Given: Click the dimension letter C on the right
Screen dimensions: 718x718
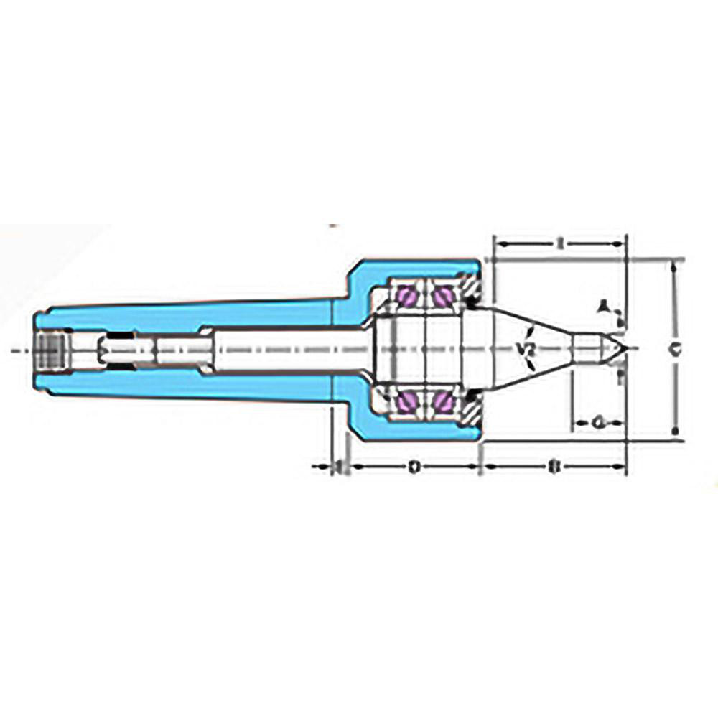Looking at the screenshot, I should pyautogui.click(x=673, y=349).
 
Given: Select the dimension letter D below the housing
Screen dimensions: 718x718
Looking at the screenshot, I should pyautogui.click(x=414, y=467).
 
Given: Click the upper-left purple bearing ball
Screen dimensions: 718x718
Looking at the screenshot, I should pyautogui.click(x=407, y=295).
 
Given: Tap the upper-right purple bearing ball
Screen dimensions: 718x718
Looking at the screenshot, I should pyautogui.click(x=442, y=295).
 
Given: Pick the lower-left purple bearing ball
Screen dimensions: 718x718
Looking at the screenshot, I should pyautogui.click(x=407, y=404).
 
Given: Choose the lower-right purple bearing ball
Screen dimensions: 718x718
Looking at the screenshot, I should pyautogui.click(x=442, y=404).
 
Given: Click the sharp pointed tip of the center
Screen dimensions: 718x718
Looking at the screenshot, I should pyautogui.click(x=627, y=350).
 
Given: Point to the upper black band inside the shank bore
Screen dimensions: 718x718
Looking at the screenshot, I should pyautogui.click(x=119, y=335).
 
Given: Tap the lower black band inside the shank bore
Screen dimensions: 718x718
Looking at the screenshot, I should pyautogui.click(x=119, y=365).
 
